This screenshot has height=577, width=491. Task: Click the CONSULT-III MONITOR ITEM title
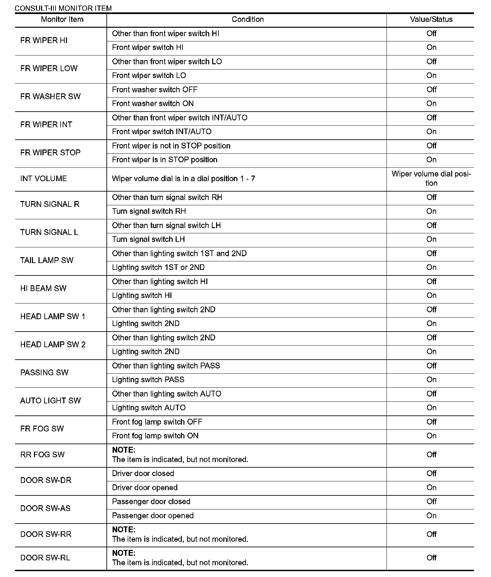pyautogui.click(x=63, y=8)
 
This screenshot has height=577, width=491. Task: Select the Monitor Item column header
pyautogui.click(x=62, y=20)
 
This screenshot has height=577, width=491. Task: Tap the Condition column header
pyautogui.click(x=247, y=20)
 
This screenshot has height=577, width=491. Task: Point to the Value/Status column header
pyautogui.click(x=431, y=20)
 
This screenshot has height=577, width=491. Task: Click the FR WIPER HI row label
pyautogui.click(x=44, y=40)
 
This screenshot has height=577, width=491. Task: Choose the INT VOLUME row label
pyautogui.click(x=43, y=179)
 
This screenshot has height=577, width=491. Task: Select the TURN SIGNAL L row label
pyautogui.click(x=49, y=232)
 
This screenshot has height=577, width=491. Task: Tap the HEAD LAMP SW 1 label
pyautogui.click(x=53, y=317)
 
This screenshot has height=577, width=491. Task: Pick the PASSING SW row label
pyautogui.click(x=44, y=373)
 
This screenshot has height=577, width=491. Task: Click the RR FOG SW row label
pyautogui.click(x=42, y=455)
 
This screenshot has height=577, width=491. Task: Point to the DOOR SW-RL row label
pyautogui.click(x=45, y=558)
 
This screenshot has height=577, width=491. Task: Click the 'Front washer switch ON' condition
pyautogui.click(x=153, y=104)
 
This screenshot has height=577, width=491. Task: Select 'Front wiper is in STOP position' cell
pyautogui.click(x=165, y=160)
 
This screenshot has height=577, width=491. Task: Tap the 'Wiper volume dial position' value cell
pyautogui.click(x=431, y=179)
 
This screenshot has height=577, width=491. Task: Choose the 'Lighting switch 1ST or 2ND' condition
pyautogui.click(x=158, y=268)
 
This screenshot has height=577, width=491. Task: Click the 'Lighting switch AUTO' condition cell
pyautogui.click(x=149, y=408)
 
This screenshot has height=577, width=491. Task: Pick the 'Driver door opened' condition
pyautogui.click(x=145, y=488)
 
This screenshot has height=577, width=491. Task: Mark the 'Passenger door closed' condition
pyautogui.click(x=151, y=502)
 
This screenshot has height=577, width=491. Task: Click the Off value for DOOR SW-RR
pyautogui.click(x=431, y=534)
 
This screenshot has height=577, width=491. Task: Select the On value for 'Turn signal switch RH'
pyautogui.click(x=431, y=211)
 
